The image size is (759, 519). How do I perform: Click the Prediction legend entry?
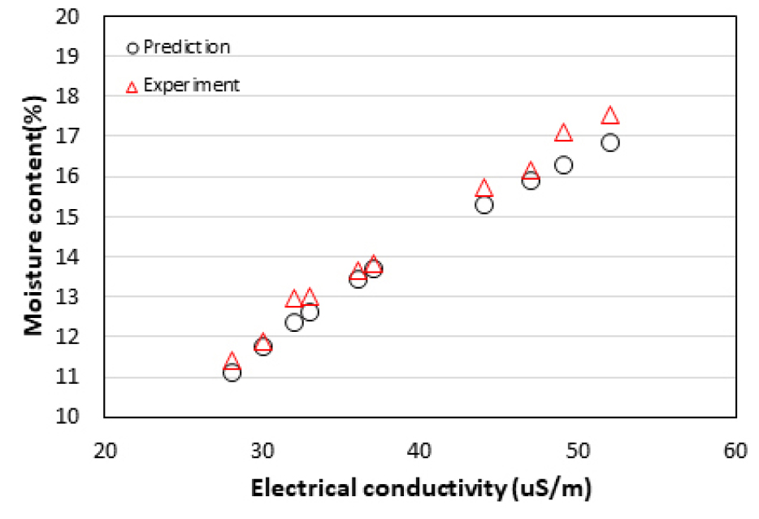pyautogui.click(x=179, y=47)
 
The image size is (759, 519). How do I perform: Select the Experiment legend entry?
pyautogui.click(x=184, y=85)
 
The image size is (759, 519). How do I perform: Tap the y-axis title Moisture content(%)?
pyautogui.click(x=33, y=216)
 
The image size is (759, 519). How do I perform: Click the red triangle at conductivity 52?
pyautogui.click(x=610, y=116)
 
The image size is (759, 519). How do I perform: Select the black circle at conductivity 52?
pyautogui.click(x=610, y=142)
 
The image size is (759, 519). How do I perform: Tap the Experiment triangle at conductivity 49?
pyautogui.click(x=563, y=133)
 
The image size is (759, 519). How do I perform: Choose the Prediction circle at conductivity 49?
pyautogui.click(x=563, y=165)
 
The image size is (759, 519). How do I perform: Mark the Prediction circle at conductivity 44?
pyautogui.click(x=484, y=204)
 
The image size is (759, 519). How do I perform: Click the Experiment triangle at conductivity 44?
pyautogui.click(x=484, y=188)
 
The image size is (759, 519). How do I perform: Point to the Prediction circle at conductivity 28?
pyautogui.click(x=232, y=373)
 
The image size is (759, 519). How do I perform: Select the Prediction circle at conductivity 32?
pyautogui.click(x=294, y=322)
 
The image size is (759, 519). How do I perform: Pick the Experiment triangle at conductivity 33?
pyautogui.click(x=310, y=298)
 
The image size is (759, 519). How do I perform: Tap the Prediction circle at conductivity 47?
pyautogui.click(x=531, y=181)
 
